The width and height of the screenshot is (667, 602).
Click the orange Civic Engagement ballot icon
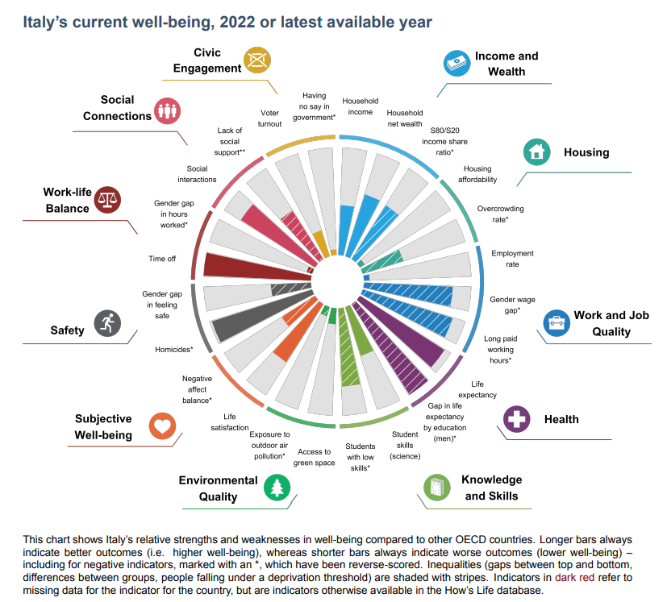258,60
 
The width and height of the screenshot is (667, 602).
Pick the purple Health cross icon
516,419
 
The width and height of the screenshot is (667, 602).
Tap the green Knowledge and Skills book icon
437,488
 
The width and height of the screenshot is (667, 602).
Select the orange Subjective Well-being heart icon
162,426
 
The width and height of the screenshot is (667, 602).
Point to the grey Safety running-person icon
106,323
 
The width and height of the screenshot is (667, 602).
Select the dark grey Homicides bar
254,318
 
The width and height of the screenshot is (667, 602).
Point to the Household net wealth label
405,118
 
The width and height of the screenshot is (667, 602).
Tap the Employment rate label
512,259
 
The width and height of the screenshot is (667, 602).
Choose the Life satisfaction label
229,422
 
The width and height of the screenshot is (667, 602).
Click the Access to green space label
314,458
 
